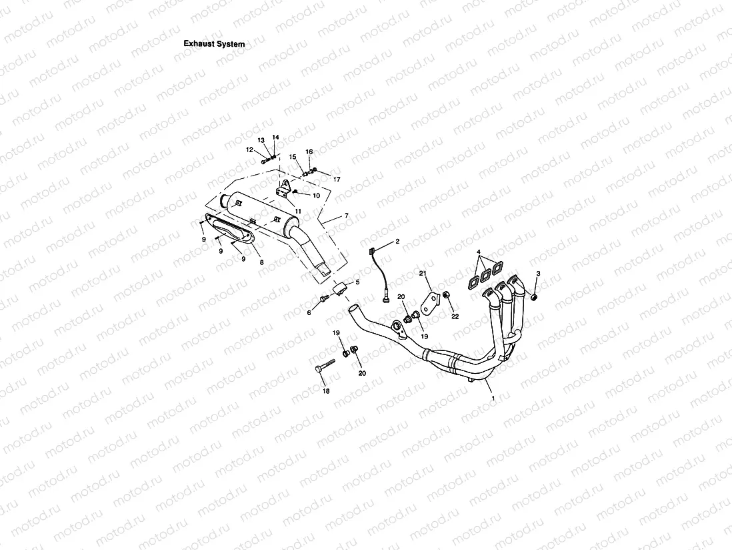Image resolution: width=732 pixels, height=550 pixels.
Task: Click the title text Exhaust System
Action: pyautogui.click(x=214, y=44)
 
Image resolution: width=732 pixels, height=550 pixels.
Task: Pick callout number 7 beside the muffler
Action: pyautogui.click(x=346, y=216)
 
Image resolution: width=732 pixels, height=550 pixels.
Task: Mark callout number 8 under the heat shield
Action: pyautogui.click(x=261, y=262)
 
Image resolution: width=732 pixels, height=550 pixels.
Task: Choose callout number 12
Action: pyautogui.click(x=249, y=150)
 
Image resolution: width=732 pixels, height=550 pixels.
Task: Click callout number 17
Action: pyautogui.click(x=337, y=180)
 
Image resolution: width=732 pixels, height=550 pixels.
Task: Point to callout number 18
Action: pyautogui.click(x=326, y=391)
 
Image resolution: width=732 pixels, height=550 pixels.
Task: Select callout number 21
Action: pyautogui.click(x=423, y=273)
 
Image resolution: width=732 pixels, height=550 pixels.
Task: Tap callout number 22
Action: pyautogui.click(x=455, y=316)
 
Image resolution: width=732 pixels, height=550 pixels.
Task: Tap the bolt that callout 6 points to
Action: pyautogui.click(x=325, y=298)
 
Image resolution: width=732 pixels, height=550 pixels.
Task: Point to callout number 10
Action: pyautogui.click(x=316, y=196)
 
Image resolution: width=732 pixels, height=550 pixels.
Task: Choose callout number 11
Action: pyautogui.click(x=299, y=211)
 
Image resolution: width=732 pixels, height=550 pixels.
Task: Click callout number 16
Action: pyautogui.click(x=309, y=152)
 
